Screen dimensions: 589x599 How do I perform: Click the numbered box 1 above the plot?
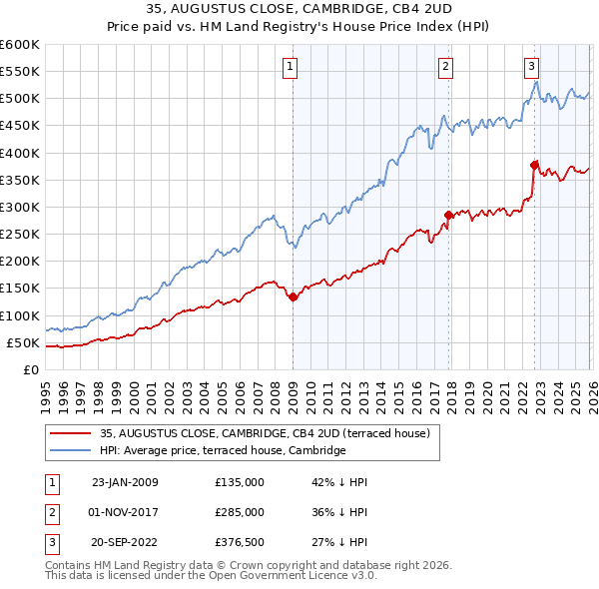(290, 67)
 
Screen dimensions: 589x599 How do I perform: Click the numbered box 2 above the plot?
(445, 67)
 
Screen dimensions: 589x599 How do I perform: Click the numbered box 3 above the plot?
(532, 67)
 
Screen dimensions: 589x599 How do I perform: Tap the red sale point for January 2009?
(293, 296)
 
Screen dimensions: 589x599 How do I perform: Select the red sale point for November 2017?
(448, 215)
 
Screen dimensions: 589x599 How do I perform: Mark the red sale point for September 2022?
(534, 165)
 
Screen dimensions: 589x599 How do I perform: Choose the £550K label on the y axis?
(20, 72)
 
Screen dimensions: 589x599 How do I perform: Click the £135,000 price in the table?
(240, 482)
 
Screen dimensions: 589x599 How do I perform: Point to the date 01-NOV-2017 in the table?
(125, 512)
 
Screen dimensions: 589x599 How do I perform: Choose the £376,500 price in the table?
(240, 542)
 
